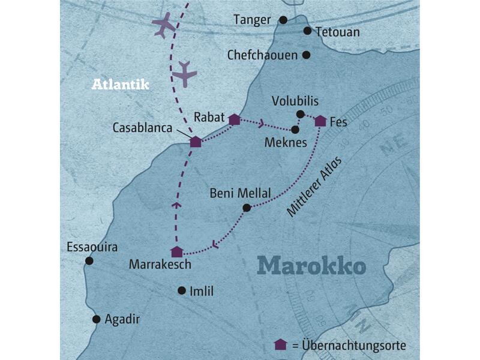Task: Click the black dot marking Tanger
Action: pyautogui.click(x=283, y=20)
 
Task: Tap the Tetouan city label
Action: pyautogui.click(x=337, y=32)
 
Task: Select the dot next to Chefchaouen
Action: pyautogui.click(x=306, y=55)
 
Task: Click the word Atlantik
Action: pyautogui.click(x=120, y=85)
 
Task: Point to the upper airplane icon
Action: pyautogui.click(x=163, y=26)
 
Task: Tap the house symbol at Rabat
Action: pyautogui.click(x=235, y=120)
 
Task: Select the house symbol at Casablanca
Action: pyautogui.click(x=195, y=142)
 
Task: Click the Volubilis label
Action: pyautogui.click(x=295, y=100)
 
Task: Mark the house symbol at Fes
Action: pyautogui.click(x=320, y=121)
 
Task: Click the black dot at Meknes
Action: pyautogui.click(x=295, y=129)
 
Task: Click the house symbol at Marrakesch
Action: pyautogui.click(x=176, y=252)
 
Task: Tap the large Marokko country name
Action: pyautogui.click(x=311, y=265)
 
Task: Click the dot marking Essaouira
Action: pyautogui.click(x=89, y=260)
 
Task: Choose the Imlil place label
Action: pyautogui.click(x=201, y=292)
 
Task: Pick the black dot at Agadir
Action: pyautogui.click(x=95, y=319)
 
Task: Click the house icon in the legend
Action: pyautogui.click(x=280, y=344)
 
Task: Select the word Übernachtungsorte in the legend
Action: pyautogui.click(x=354, y=346)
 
